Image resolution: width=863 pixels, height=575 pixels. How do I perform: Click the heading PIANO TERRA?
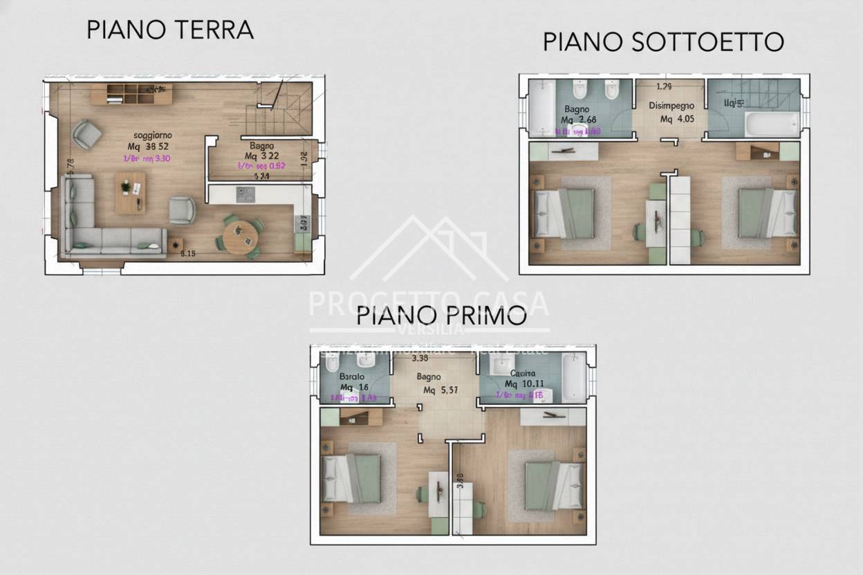tap(170, 30)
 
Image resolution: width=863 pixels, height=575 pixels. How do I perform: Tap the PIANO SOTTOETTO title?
tap(662, 41)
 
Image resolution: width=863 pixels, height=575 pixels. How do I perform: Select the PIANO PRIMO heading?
tap(441, 316)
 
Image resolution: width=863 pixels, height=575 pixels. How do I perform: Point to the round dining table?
tap(240, 235)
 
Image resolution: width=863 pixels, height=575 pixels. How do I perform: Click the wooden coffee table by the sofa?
tap(131, 192)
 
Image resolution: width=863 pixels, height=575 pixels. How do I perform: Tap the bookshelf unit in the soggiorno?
tap(140, 94)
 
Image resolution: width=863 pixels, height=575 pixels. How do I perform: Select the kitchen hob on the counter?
tap(245, 194)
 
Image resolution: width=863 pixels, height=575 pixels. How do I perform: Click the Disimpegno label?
tap(670, 106)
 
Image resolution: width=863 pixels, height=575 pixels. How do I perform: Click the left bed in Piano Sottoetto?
tap(564, 212)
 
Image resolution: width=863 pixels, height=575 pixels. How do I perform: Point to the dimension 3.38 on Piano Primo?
tap(419, 359)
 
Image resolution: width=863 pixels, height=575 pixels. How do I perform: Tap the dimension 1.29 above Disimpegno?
tap(664, 87)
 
